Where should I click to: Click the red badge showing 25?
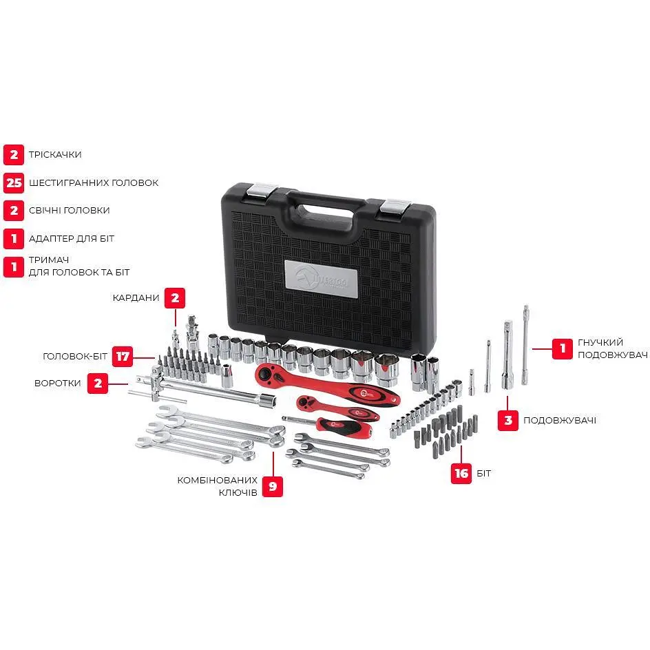coord(14,183)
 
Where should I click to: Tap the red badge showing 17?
coord(123,357)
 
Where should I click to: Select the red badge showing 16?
coord(461,474)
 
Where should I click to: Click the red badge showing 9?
coord(273,486)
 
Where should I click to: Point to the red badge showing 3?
coord(508,420)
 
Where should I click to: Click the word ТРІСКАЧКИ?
coord(55,155)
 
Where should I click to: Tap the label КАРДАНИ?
coord(136,297)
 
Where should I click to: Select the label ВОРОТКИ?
coord(58,383)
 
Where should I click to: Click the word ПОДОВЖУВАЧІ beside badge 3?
coord(560,420)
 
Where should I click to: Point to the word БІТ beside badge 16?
coord(484,474)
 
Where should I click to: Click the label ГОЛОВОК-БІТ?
coord(75,357)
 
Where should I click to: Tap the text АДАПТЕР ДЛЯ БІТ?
coord(72,239)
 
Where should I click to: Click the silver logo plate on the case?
coord(322,279)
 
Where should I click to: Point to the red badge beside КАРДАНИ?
coord(175,298)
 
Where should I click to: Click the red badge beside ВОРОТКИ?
coord(97,383)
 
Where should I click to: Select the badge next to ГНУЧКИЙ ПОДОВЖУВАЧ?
coord(563,348)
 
